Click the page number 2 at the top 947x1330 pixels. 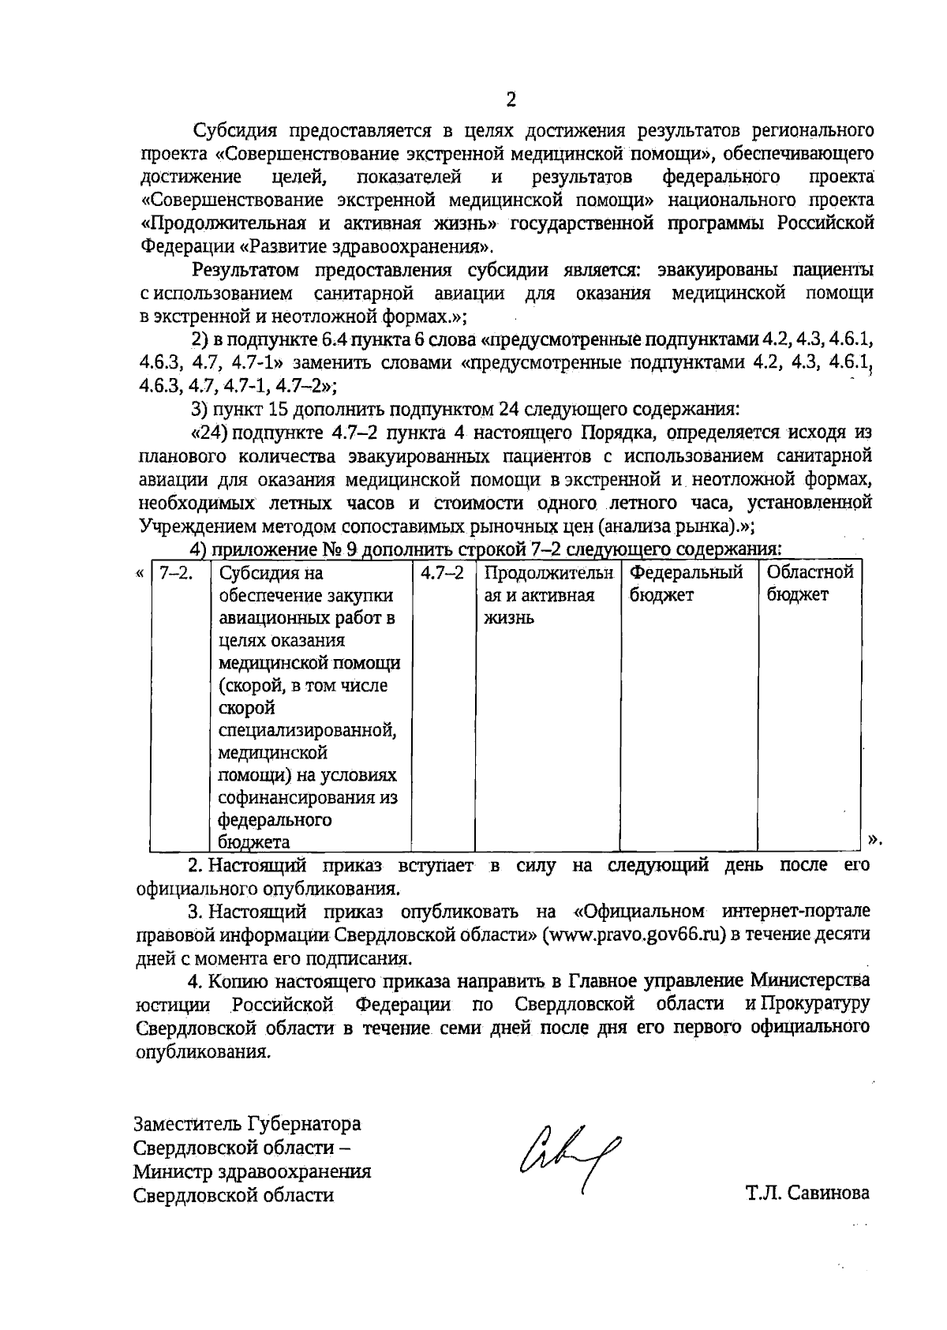510,99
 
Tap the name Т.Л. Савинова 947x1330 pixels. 808,1193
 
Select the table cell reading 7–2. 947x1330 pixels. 172,573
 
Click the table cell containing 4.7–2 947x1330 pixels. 442,573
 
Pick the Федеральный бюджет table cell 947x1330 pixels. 687,583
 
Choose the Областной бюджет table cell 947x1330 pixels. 810,583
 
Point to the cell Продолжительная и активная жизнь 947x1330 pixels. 547,594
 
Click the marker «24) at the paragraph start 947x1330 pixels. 209,433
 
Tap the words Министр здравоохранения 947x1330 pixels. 252,1171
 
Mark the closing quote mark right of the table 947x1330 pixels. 873,838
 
